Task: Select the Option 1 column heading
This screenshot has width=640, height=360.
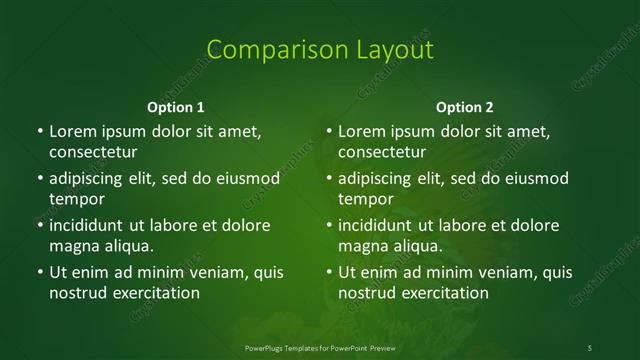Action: [176, 106]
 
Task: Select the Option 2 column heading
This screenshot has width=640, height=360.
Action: [465, 106]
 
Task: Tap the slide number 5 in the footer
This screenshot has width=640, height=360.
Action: [590, 346]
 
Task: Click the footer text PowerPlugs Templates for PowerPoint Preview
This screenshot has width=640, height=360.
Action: [320, 346]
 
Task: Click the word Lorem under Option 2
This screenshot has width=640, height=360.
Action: [363, 131]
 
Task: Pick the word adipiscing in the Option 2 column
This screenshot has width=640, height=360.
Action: [383, 179]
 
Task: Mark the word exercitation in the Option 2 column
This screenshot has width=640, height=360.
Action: [443, 293]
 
